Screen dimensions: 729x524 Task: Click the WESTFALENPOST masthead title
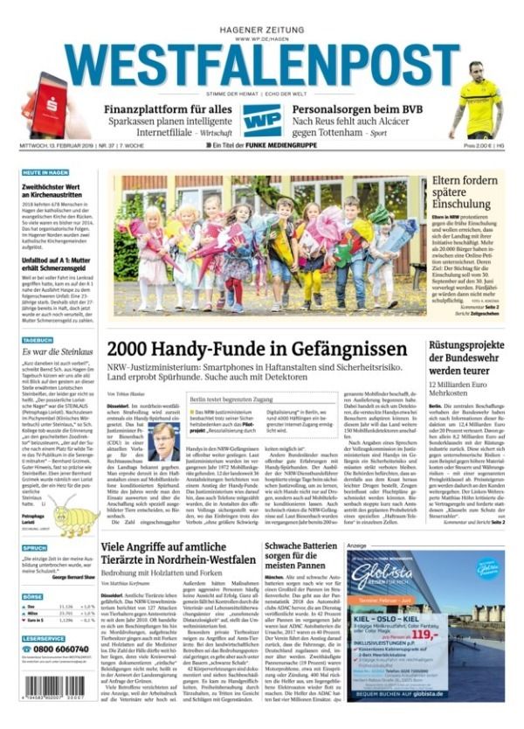262,64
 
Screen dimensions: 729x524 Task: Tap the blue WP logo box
262,120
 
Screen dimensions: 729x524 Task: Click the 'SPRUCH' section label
34,548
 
